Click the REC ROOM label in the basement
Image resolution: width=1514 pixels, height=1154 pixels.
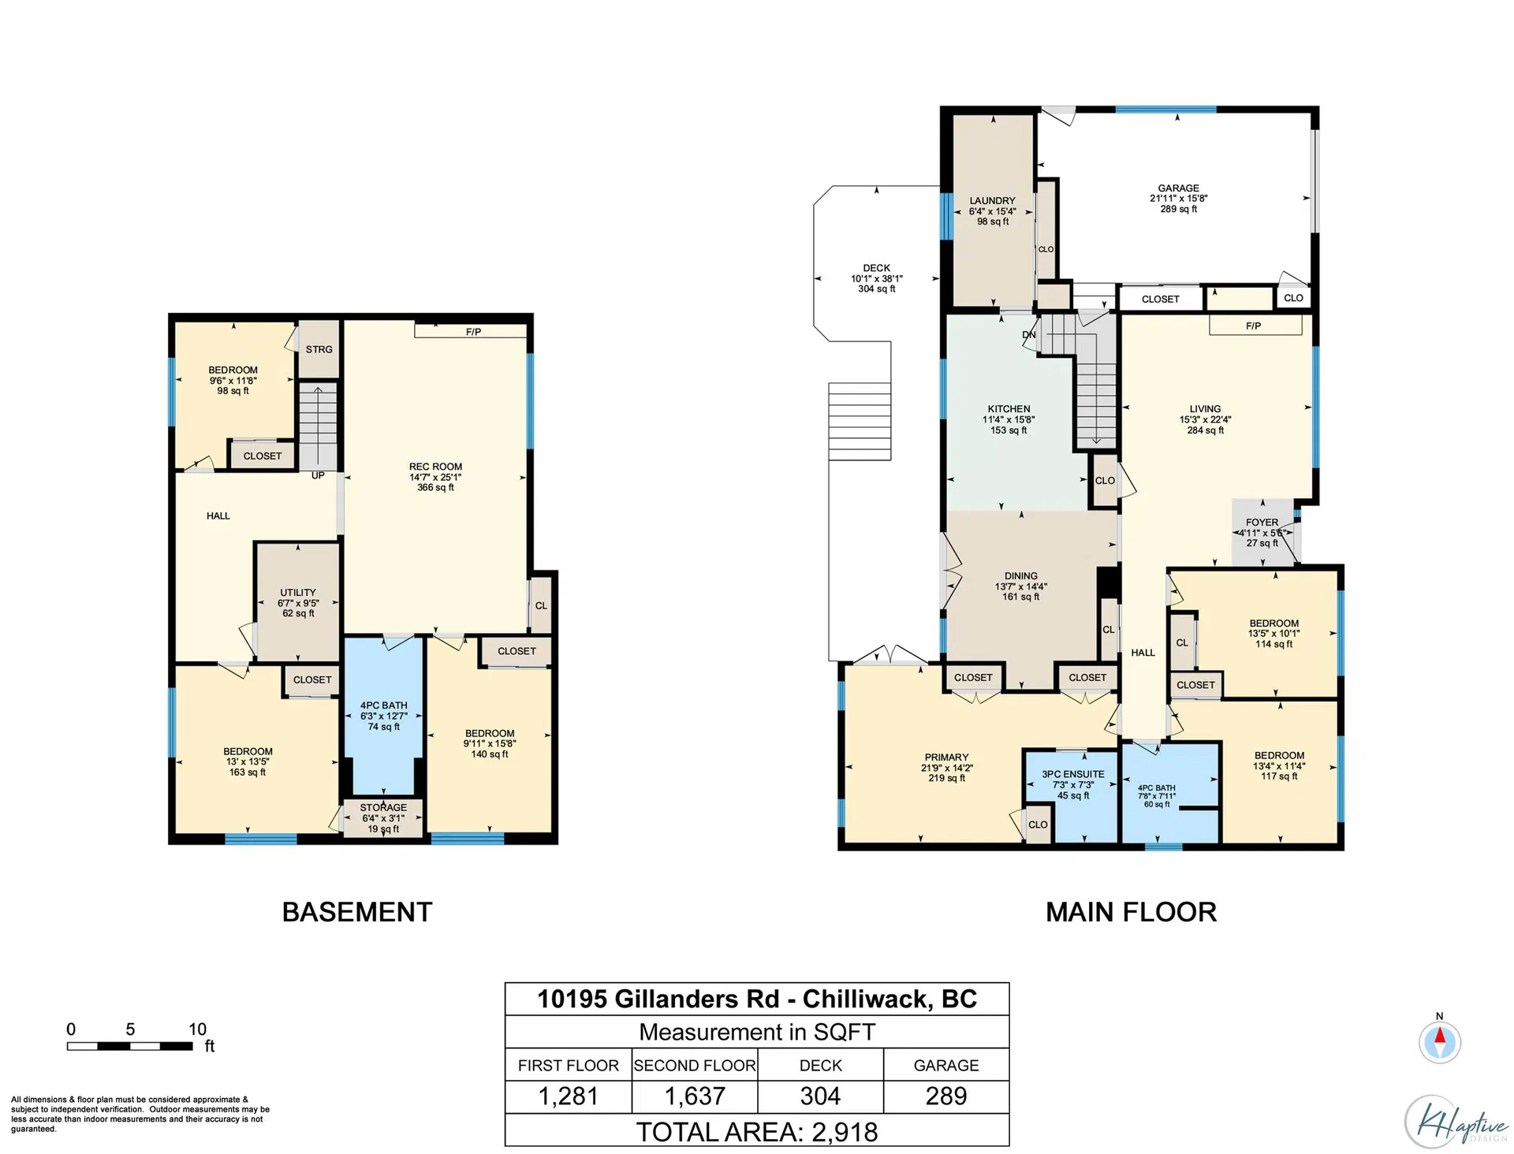435,467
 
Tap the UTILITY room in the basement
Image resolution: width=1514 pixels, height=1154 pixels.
298,602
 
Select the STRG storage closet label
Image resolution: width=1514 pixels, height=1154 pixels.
319,349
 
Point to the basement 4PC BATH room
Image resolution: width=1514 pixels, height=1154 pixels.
383,716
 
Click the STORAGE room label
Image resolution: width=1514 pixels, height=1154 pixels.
383,807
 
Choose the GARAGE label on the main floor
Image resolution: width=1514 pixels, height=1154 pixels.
1178,188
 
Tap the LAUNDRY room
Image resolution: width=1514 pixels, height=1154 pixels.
993,210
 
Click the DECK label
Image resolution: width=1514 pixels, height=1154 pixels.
876,268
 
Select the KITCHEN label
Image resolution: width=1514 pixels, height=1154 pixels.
1009,409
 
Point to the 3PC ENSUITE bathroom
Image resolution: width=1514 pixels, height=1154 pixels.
1072,795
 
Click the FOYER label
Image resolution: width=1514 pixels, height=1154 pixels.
1262,523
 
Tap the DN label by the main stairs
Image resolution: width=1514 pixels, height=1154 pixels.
1029,335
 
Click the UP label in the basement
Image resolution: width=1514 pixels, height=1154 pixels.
318,475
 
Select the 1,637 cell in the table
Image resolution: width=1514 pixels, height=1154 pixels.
695,1096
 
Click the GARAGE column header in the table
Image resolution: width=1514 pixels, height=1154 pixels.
946,1065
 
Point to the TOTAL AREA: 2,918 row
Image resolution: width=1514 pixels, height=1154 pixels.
757,1131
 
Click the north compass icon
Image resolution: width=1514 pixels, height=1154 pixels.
1440,1041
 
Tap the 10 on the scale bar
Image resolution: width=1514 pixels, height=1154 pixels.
197,1029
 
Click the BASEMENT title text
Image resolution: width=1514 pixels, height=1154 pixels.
357,912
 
